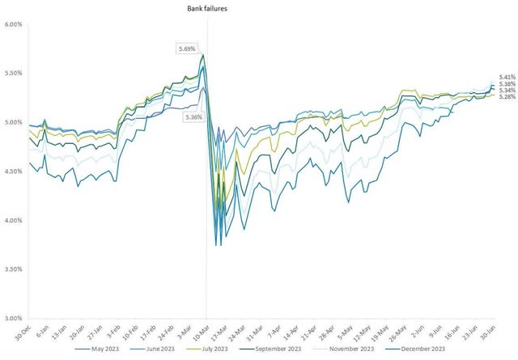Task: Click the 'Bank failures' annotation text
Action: pos(206,8)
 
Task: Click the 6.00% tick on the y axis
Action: pos(14,24)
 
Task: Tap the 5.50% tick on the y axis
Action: pos(14,74)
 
